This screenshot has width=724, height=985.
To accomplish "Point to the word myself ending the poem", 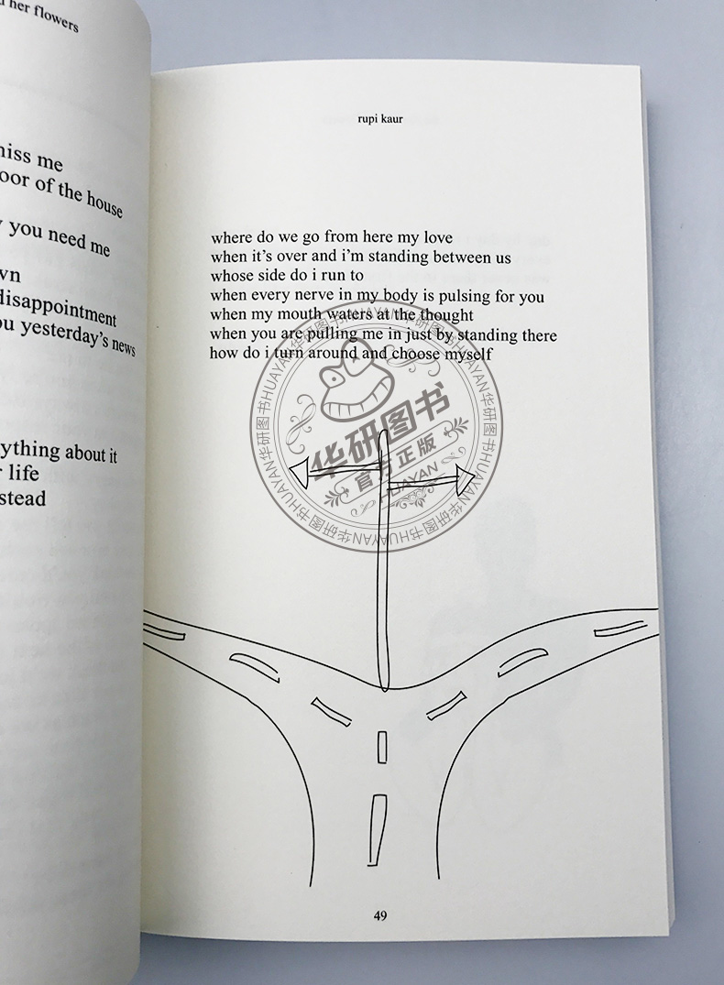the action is click(464, 353).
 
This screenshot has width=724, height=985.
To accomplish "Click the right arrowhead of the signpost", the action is click(463, 476).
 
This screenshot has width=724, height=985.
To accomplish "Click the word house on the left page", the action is click(103, 199).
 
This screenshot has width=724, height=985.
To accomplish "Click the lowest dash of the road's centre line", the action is click(374, 815).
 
